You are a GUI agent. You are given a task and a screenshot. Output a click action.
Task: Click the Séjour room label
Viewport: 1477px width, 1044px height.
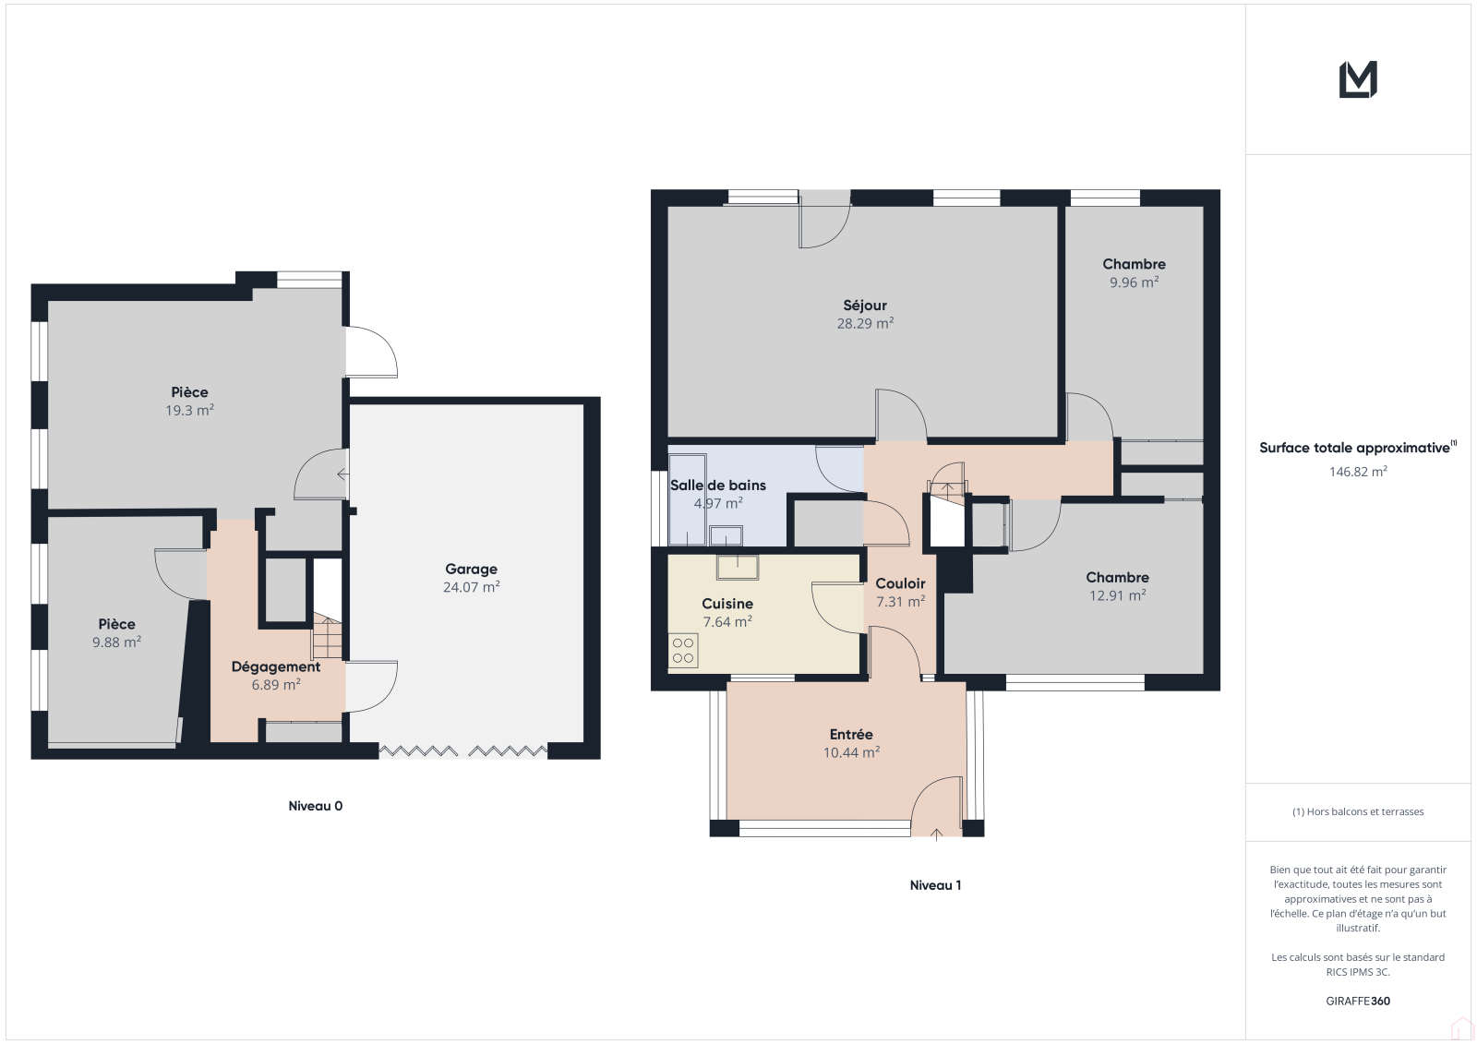pos(864,306)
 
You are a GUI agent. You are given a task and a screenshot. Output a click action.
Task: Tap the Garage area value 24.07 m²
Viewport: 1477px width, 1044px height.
pos(471,587)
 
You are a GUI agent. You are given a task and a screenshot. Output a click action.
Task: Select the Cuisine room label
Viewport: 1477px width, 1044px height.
pos(727,604)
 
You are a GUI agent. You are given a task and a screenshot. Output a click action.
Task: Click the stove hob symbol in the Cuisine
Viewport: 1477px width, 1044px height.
pos(683,650)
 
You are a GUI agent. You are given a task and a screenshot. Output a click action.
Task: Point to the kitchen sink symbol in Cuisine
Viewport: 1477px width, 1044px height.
pos(738,567)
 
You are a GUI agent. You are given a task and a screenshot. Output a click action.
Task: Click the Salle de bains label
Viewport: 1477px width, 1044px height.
pos(718,486)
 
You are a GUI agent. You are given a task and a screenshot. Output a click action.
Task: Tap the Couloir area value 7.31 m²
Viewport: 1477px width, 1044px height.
pos(900,602)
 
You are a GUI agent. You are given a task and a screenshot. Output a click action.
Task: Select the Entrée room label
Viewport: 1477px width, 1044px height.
pos(851,734)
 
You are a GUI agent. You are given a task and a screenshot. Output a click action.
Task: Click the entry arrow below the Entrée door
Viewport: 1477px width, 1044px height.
pos(936,835)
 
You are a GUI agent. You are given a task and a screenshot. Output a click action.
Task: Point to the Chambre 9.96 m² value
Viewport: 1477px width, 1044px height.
pos(1135,282)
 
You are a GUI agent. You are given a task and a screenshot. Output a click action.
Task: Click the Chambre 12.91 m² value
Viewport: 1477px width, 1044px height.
pos(1117,595)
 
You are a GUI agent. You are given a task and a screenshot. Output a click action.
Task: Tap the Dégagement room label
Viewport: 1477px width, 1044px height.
pos(276,666)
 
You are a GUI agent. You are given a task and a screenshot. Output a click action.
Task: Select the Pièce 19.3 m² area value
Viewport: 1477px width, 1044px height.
pos(189,410)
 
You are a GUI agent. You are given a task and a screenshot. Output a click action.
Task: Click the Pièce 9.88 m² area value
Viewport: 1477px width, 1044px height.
pos(116,642)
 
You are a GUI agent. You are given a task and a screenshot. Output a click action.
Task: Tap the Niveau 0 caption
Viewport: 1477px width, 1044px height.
pos(315,805)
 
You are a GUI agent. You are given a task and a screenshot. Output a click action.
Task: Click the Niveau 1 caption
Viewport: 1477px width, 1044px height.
pos(935,885)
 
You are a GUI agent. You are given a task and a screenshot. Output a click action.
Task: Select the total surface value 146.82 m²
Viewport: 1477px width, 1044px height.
pos(1358,472)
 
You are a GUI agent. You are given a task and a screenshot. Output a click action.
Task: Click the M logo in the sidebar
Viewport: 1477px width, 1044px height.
pos(1358,79)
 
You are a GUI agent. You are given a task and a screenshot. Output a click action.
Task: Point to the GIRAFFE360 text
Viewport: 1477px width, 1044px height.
pos(1358,1001)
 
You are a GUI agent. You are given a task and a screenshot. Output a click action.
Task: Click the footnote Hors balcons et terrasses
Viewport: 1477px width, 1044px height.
pos(1358,812)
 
